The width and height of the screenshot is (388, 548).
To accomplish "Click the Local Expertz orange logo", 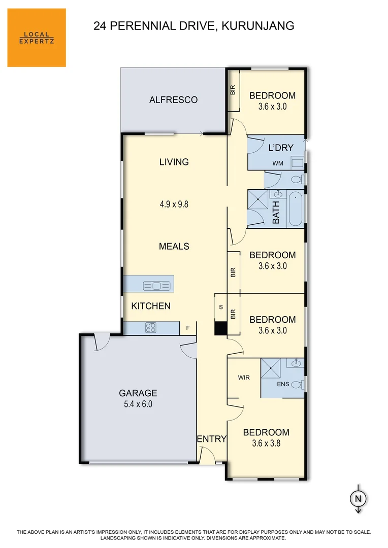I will pyautogui.click(x=37, y=38).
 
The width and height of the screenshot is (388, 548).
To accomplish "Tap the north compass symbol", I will pyautogui.click(x=358, y=499).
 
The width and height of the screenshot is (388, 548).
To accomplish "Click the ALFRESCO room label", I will pyautogui.click(x=173, y=100).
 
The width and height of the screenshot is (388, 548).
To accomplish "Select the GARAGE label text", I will pyautogui.click(x=138, y=393).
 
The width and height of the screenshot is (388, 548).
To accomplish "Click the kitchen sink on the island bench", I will pyautogui.click(x=152, y=286).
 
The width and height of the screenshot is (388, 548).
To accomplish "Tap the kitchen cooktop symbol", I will pyautogui.click(x=151, y=328).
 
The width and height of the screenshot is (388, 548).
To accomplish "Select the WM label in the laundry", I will pyautogui.click(x=277, y=163).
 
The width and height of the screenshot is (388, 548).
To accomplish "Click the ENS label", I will pyautogui.click(x=283, y=384).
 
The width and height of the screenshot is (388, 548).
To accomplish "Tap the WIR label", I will pyautogui.click(x=243, y=378).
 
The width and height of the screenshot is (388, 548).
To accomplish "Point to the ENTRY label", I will pyautogui.click(x=211, y=439).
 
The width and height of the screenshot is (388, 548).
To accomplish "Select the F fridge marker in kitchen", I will pyautogui.click(x=187, y=328).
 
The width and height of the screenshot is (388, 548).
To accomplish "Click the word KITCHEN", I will pyautogui.click(x=151, y=306).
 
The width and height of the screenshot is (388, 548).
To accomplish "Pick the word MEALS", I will pyautogui.click(x=174, y=246).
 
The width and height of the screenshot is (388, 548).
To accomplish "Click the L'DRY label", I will pyautogui.click(x=281, y=148).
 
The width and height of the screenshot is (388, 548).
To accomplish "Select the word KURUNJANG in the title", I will pyautogui.click(x=258, y=25).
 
